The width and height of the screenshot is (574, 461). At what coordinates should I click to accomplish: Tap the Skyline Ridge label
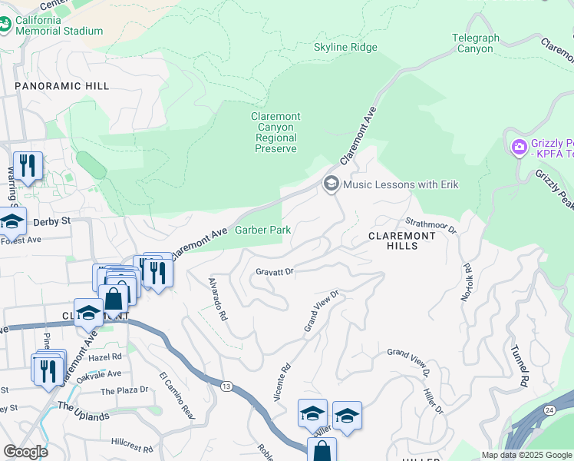coord(345,48)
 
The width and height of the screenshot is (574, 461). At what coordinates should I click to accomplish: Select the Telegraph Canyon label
coord(475,43)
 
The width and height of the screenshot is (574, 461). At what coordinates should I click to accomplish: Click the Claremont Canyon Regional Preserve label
coord(275,132)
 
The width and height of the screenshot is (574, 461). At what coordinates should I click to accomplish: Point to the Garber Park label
coord(262,230)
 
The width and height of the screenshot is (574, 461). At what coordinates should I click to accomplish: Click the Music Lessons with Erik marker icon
coord(332,184)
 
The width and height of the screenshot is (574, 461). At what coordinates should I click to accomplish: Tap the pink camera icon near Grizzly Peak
coord(520,146)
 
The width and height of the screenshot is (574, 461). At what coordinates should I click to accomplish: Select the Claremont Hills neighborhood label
coord(403,240)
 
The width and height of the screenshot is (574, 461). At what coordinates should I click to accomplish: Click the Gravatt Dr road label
coord(275,272)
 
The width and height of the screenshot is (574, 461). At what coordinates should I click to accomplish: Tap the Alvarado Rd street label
coord(217,299)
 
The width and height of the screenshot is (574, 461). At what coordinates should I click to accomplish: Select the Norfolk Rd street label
coord(467,282)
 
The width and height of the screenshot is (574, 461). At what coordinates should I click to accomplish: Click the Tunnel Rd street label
coord(519,366)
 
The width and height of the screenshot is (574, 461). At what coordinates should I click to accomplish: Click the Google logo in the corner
coord(25,452)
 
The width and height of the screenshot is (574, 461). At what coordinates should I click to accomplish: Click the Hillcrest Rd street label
coord(131,443)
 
